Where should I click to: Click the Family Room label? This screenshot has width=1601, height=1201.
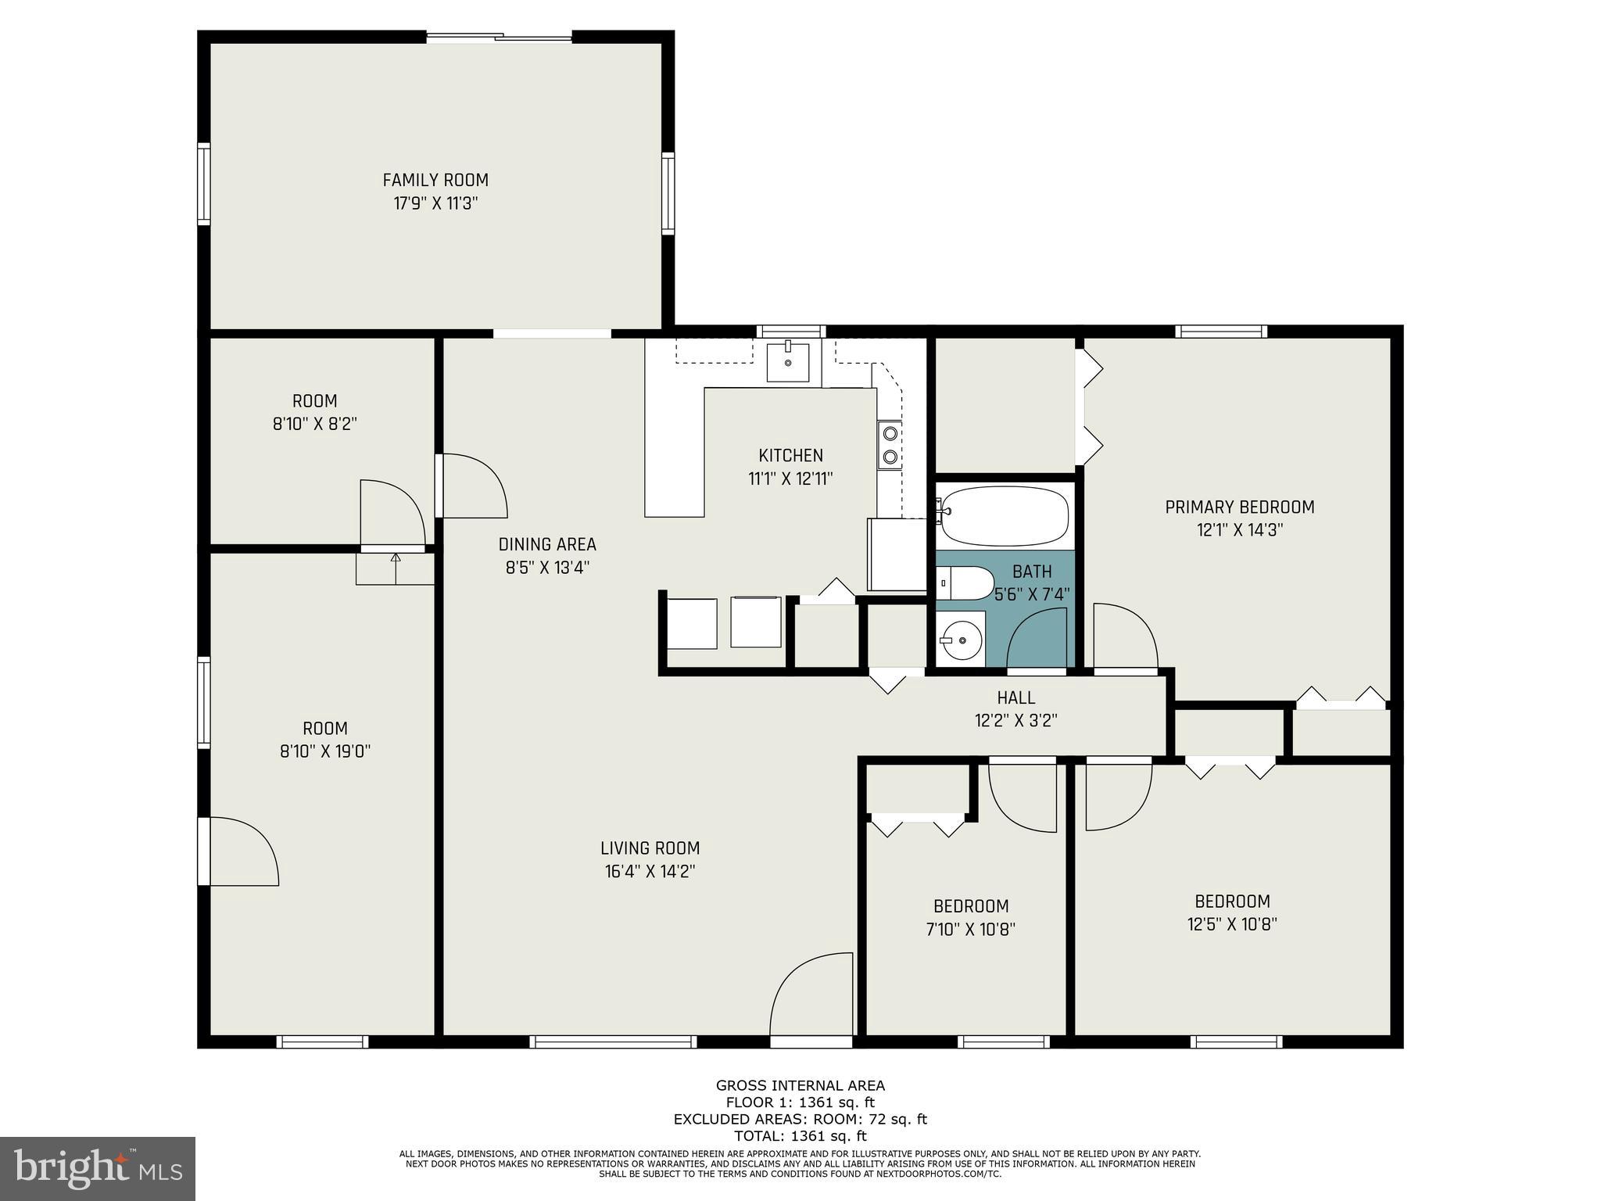pos(435,180)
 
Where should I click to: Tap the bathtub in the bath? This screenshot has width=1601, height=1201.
pos(1005,515)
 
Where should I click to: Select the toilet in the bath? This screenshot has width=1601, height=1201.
pos(965,583)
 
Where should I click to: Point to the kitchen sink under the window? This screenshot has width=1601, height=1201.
pos(787,361)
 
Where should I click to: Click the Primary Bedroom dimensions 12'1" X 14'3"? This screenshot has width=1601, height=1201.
pos(1240,530)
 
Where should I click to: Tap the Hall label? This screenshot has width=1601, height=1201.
pos(1016,697)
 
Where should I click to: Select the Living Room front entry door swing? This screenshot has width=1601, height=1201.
pos(811,993)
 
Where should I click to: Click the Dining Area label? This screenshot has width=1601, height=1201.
pos(547,544)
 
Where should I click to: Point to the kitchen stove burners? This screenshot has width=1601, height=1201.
pos(890,444)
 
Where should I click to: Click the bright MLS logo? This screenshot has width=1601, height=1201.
pos(98,1168)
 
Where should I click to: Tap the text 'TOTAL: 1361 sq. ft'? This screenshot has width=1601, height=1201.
pos(800,1136)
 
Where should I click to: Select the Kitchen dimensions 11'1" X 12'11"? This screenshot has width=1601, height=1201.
pos(790,479)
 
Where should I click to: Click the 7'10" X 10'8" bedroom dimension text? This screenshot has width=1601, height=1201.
pos(971,930)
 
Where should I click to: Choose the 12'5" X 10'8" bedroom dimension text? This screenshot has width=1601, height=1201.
pos(1232,924)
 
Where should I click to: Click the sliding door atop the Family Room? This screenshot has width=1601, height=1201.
pos(500,36)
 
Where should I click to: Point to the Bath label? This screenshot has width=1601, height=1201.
pos(1032,572)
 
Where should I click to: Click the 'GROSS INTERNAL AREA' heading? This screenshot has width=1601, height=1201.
pos(800,1085)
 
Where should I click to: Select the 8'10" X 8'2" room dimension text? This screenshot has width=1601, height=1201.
pos(315,425)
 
